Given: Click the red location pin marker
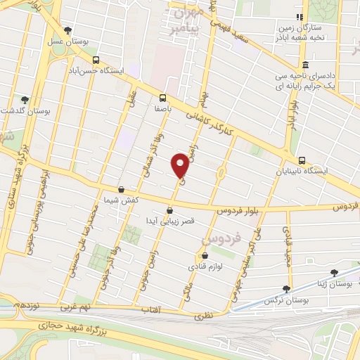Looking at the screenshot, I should pyautogui.click(x=180, y=165).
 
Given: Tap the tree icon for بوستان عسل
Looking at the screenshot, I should pyautogui.click(x=67, y=30).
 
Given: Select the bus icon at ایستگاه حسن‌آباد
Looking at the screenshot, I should pyautogui.click(x=96, y=60).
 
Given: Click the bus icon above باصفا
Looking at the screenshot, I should pyautogui.click(x=163, y=98).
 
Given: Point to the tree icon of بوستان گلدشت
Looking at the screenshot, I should pyautogui.click(x=25, y=100).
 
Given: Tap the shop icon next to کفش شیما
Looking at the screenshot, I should pyautogui.click(x=122, y=190).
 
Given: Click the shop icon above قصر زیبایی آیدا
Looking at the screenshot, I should pyautogui.click(x=169, y=210).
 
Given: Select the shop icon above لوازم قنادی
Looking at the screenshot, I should pyautogui.click(x=205, y=256).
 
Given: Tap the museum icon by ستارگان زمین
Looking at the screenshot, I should pyautogui.click(x=302, y=16).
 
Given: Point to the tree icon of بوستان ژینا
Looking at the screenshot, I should pyautogui.click(x=333, y=272).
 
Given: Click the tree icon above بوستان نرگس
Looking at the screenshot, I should pyautogui.click(x=285, y=288).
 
